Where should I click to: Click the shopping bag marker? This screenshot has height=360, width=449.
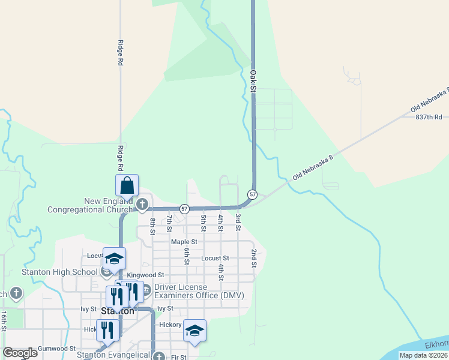(127, 185)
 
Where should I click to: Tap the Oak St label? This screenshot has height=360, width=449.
(253, 80)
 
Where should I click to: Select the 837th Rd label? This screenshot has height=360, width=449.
(429, 117)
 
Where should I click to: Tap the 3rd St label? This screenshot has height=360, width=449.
(238, 222)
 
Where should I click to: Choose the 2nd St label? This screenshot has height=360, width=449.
(254, 259)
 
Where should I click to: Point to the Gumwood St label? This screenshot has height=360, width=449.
(56, 348)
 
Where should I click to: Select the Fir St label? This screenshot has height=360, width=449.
(178, 357)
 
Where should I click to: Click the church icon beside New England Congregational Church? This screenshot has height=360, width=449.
(142, 205)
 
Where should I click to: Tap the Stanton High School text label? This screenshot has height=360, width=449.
(59, 272)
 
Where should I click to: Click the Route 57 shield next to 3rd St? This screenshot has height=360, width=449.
(253, 194)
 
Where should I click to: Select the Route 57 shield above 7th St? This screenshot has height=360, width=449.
(184, 209)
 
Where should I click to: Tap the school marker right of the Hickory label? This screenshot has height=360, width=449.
(194, 331)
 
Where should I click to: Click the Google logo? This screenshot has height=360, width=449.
(20, 353)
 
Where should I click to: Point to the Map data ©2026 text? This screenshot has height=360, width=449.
(423, 355)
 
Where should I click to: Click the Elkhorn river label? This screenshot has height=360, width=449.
(436, 344)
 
